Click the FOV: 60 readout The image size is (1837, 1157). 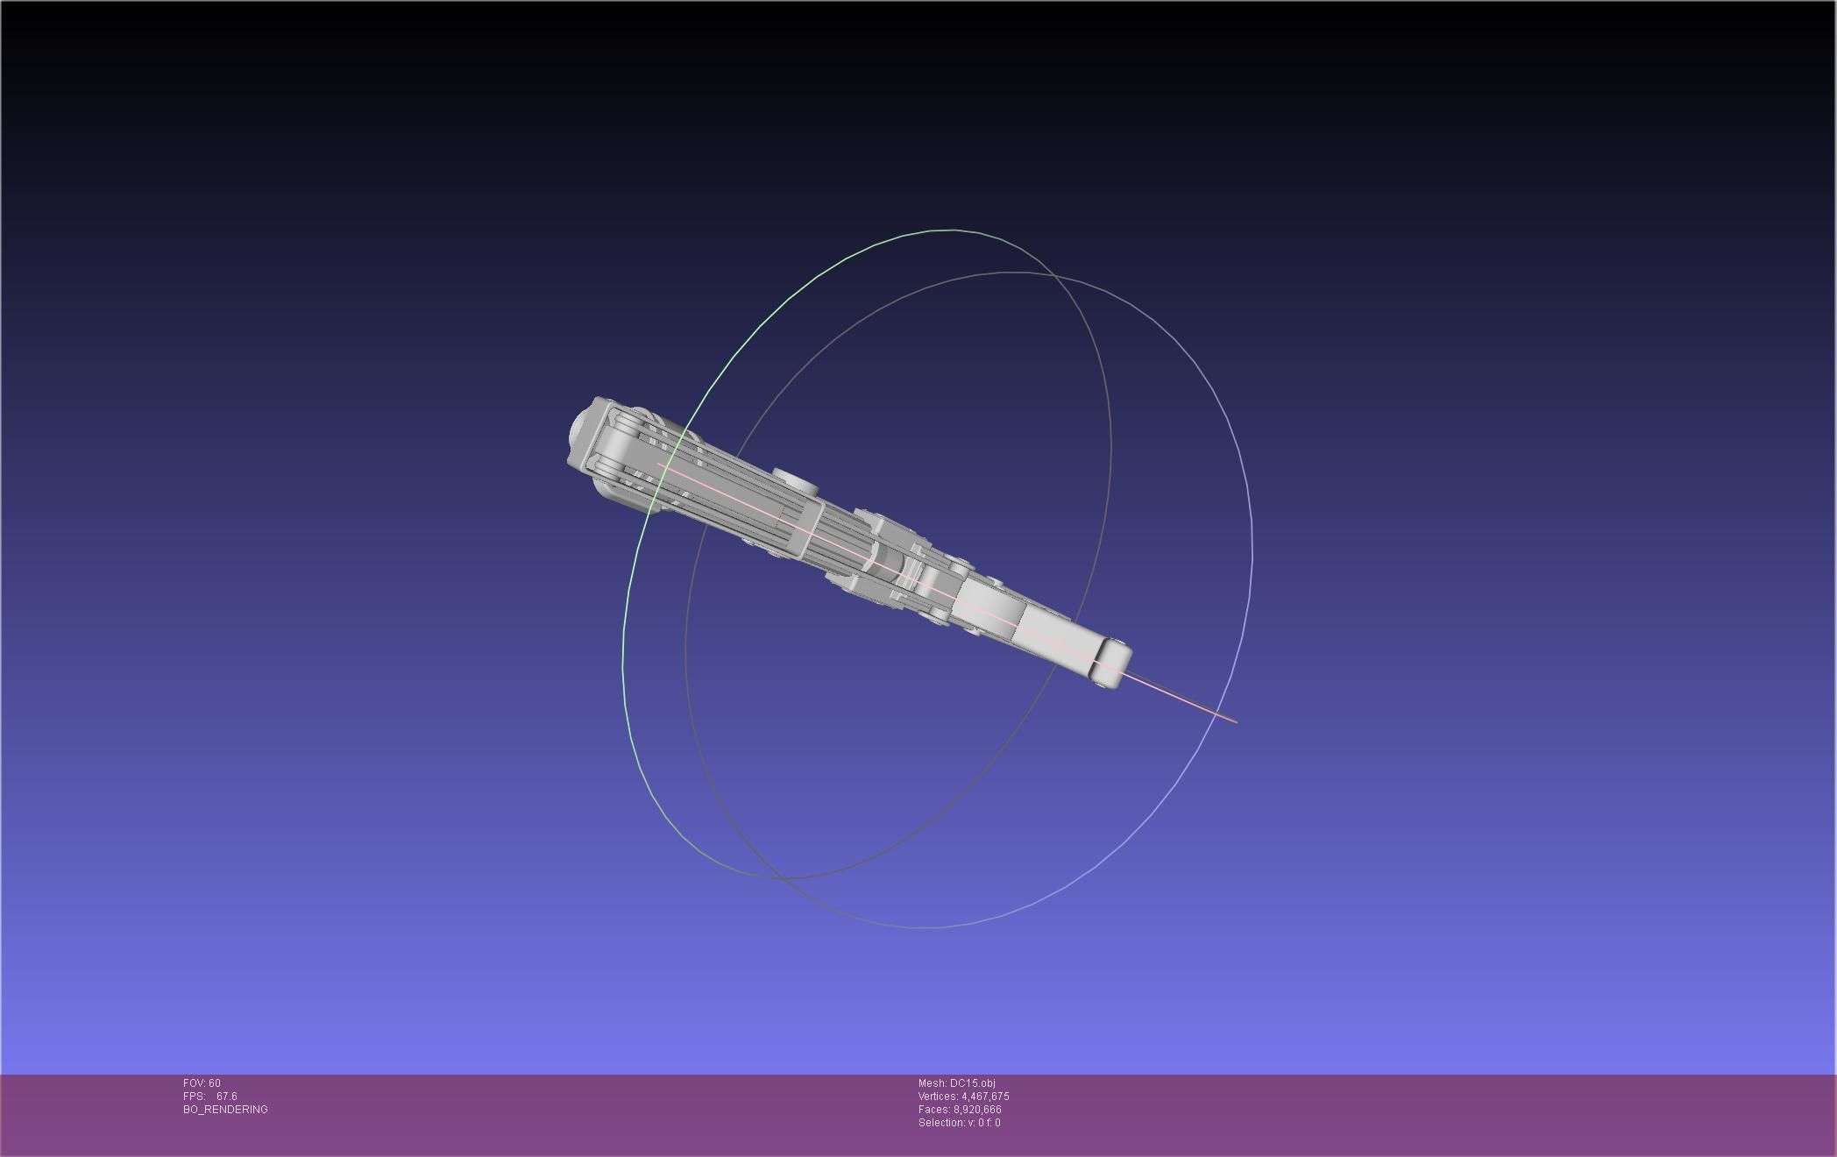pos(202,1083)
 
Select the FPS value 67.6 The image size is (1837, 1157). pos(226,1097)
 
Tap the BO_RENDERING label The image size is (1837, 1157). pos(225,1110)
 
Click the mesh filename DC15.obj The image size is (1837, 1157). pos(972,1083)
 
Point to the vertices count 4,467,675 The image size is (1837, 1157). pos(985,1097)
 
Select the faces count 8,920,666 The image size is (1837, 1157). pos(977,1110)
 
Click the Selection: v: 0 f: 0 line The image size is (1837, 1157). pos(959,1123)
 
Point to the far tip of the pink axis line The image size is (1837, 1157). pos(1236,722)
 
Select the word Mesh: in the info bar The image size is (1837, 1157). pos(933,1083)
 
